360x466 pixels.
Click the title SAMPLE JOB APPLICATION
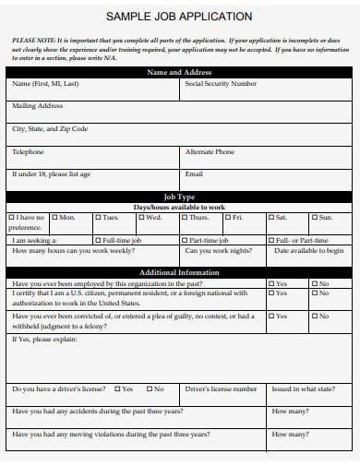pos(179,17)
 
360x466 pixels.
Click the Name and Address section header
pos(179,71)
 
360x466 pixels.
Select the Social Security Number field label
pos(221,84)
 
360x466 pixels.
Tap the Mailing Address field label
pos(37,106)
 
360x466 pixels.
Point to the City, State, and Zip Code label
pos(50,129)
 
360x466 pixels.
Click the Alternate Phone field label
pos(210,151)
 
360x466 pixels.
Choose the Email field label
pos(194,173)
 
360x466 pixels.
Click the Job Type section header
pos(179,197)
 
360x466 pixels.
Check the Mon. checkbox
pos(54,218)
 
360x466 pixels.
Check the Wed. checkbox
pos(141,218)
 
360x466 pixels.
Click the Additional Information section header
pos(179,273)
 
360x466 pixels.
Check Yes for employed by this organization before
pos(271,284)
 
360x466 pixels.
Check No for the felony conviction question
pos(315,316)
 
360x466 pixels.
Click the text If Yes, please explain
pos(43,339)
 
